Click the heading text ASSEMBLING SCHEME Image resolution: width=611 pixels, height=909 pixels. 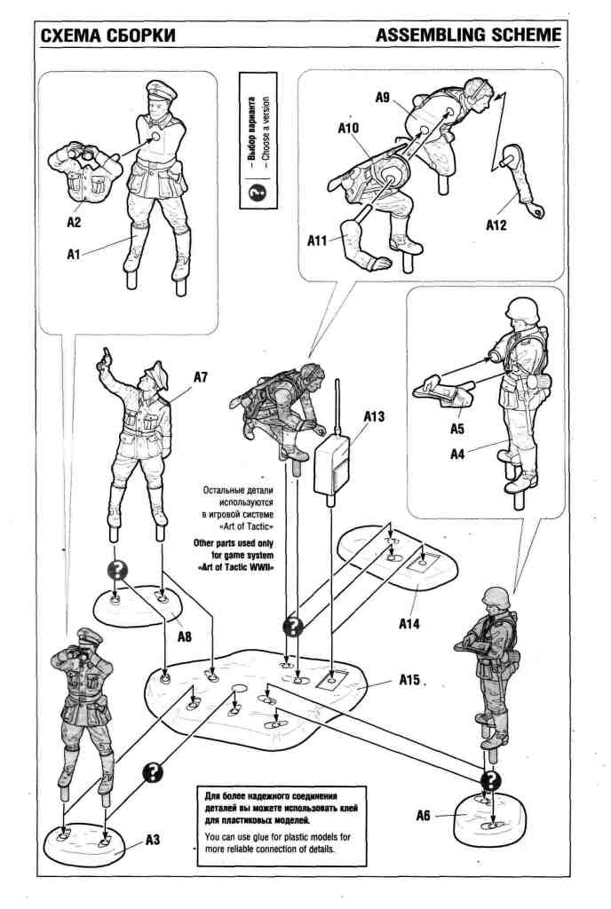pos(469,35)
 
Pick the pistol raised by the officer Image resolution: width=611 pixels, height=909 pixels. pos(106,355)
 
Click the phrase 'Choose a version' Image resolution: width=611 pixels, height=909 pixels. pos(266,138)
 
